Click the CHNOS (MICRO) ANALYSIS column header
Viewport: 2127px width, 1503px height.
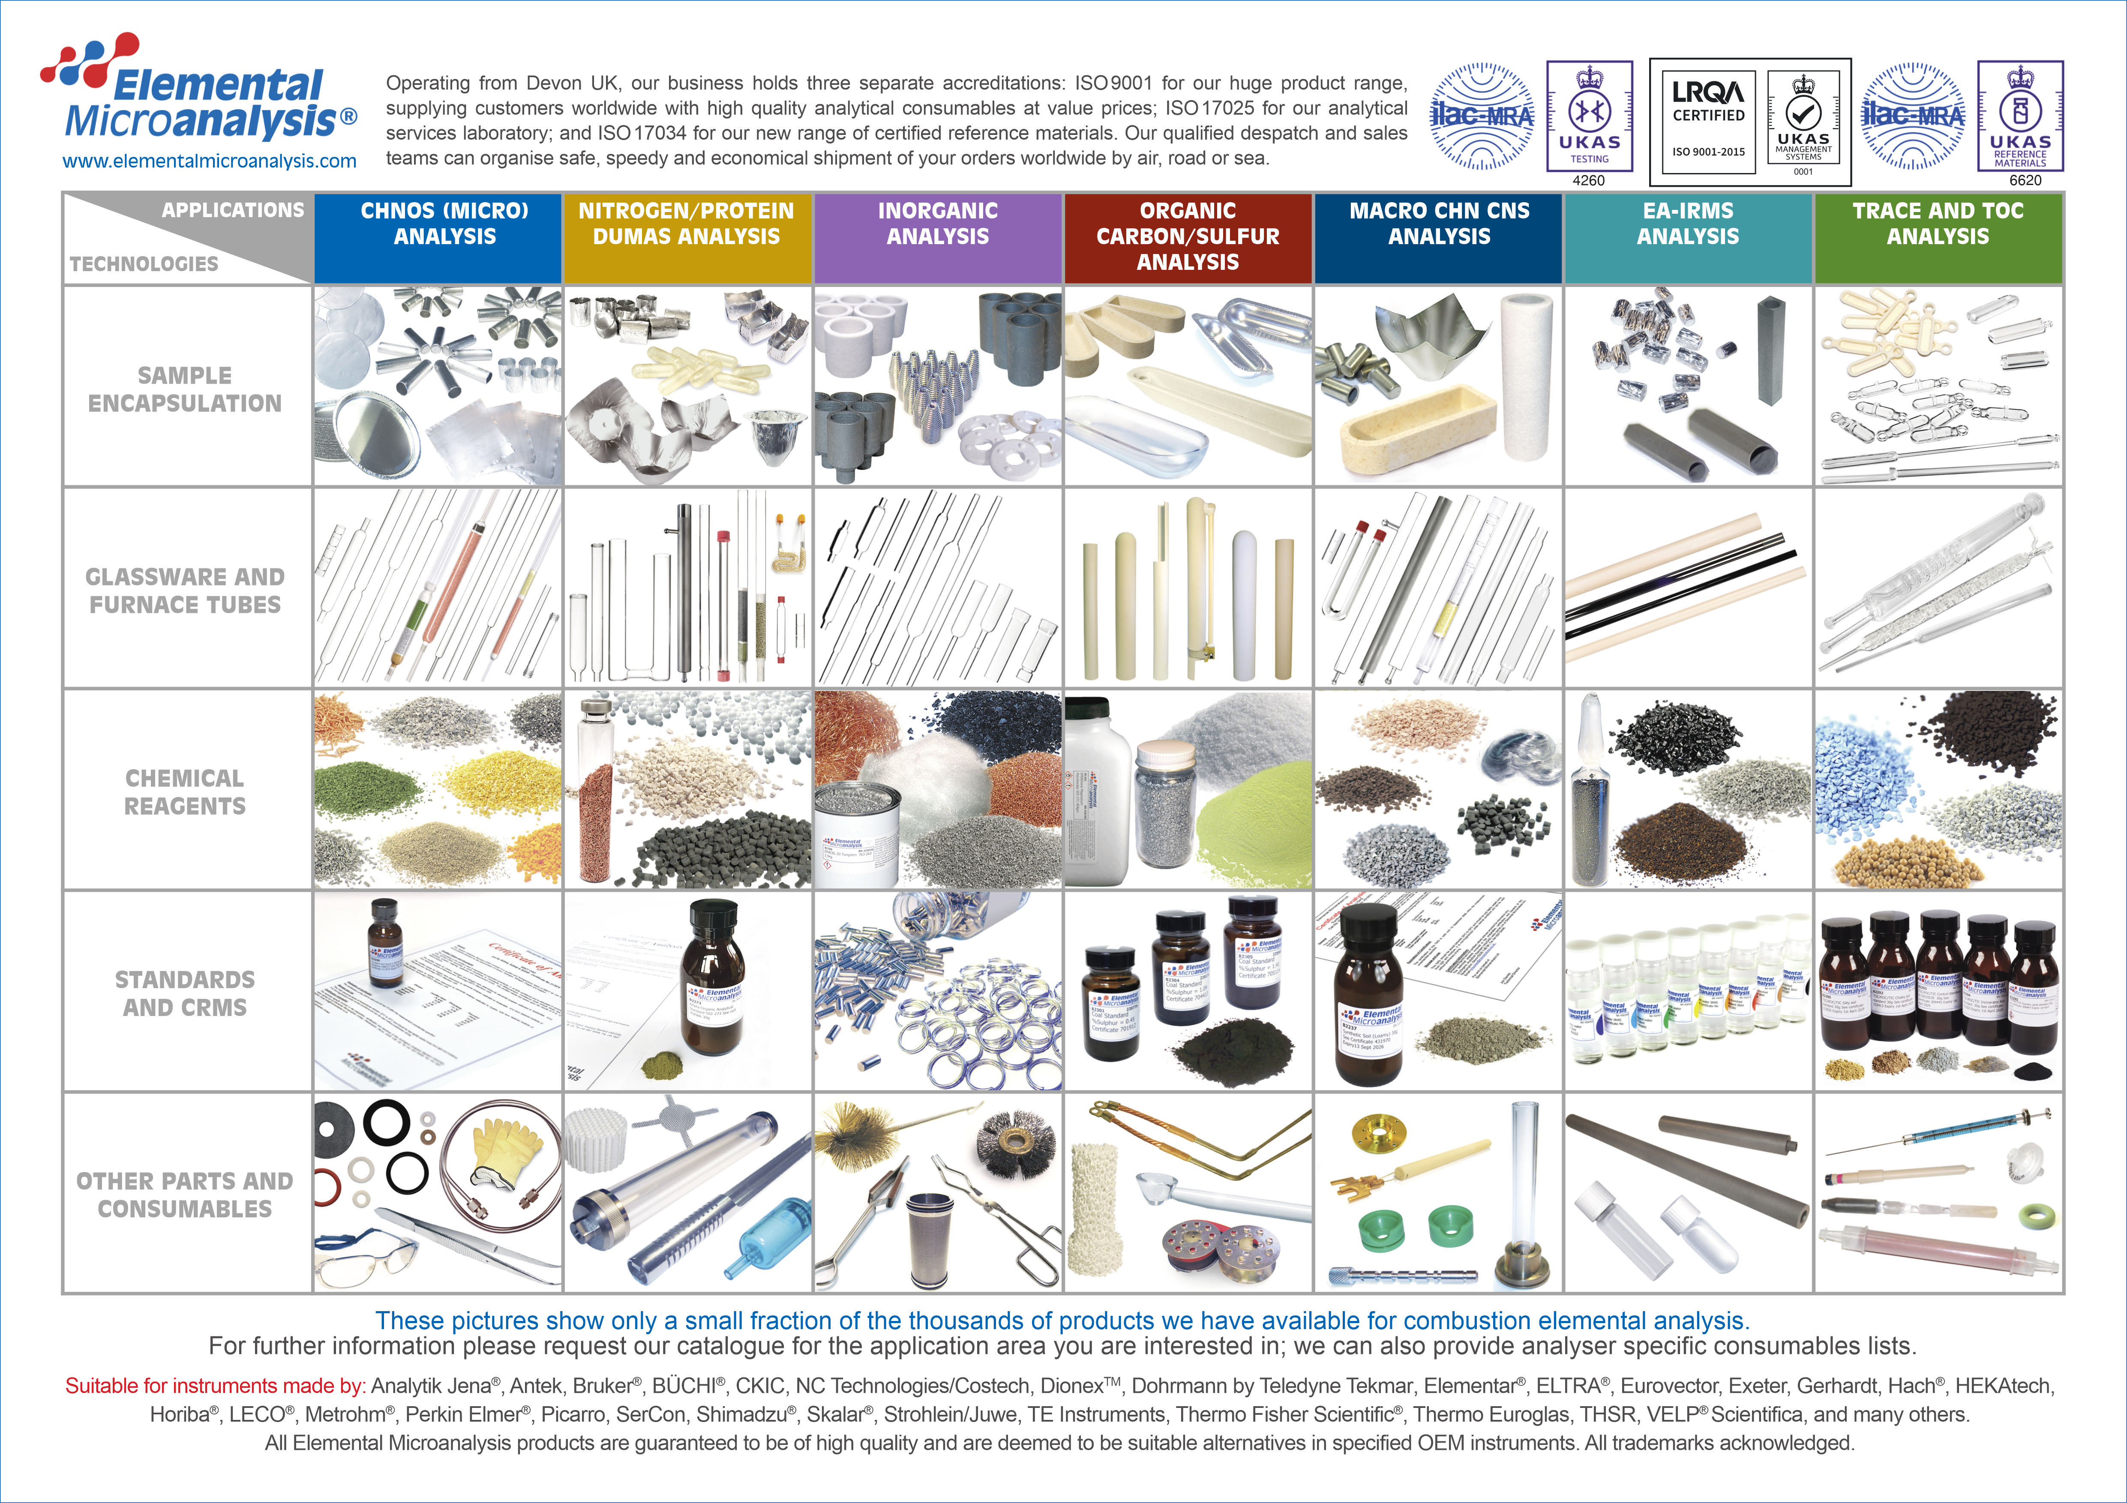[x=445, y=224]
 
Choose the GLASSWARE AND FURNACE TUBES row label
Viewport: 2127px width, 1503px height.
[x=185, y=591]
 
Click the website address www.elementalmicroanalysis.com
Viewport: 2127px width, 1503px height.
[x=210, y=161]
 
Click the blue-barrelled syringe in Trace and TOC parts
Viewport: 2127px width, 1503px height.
[x=1945, y=1128]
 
